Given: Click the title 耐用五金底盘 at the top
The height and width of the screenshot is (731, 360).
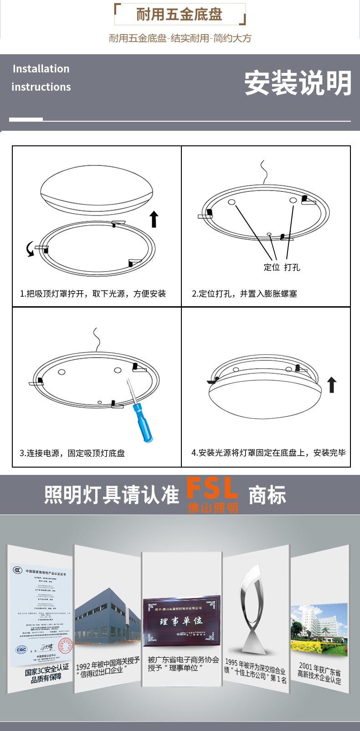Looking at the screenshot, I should click(x=180, y=15).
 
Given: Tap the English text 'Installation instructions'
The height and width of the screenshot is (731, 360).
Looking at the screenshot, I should click(x=41, y=78).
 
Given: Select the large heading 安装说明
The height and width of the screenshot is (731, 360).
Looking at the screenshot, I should click(x=298, y=83).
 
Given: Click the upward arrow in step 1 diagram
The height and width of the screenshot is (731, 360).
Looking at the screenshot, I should click(x=154, y=219).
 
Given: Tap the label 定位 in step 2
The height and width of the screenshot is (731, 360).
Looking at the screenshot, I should click(x=272, y=267).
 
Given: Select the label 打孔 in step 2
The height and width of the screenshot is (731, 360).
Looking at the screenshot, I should click(x=292, y=267).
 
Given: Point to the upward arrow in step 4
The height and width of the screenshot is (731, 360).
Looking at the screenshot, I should click(x=332, y=385).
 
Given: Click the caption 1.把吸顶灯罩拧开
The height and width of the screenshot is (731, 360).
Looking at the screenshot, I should click(x=93, y=294).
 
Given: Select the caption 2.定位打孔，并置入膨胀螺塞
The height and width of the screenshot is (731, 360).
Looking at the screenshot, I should click(x=244, y=294).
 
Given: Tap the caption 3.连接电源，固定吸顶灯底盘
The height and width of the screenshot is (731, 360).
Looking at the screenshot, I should click(x=72, y=453).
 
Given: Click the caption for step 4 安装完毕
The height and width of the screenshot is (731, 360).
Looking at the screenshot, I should click(x=268, y=453).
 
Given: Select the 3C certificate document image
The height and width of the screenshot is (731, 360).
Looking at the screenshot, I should click(x=41, y=611).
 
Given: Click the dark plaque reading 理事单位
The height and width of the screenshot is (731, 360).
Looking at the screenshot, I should click(x=181, y=621).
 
